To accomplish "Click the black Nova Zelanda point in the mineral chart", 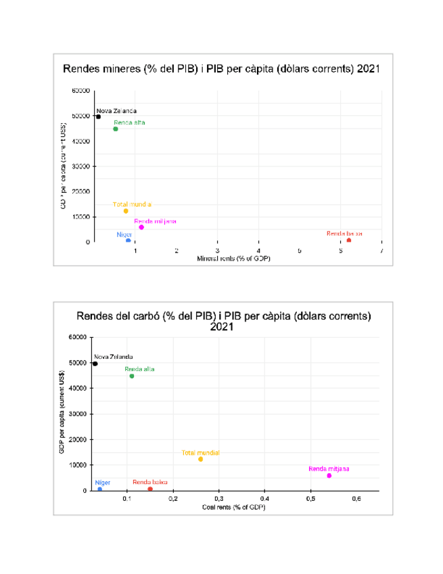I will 98,116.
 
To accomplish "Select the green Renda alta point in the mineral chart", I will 116,129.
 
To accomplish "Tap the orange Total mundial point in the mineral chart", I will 126,211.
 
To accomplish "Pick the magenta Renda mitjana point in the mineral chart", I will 141,227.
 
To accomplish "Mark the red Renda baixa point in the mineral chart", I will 349,240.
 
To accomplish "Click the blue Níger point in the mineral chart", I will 128,240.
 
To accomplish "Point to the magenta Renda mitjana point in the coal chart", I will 329,476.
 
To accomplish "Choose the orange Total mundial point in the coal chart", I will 201,459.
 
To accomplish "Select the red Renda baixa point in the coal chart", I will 150,489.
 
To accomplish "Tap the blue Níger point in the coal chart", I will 99,489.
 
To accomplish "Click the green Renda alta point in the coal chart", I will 132,376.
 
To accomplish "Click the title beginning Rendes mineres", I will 221,69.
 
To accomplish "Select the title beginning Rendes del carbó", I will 223,321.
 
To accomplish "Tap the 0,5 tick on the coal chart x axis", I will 310,499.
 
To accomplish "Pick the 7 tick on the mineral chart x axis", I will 382,250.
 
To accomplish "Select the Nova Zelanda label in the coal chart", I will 114,357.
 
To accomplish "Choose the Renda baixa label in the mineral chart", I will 344,234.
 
